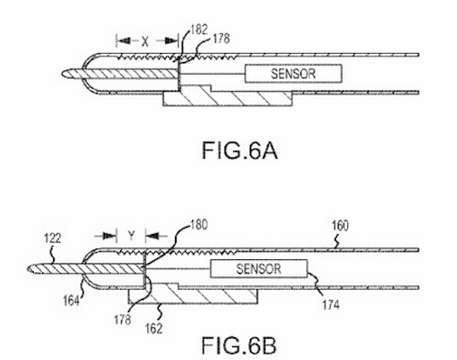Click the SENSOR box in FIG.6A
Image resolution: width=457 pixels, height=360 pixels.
[293, 74]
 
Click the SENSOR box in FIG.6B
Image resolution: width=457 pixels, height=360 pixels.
[259, 269]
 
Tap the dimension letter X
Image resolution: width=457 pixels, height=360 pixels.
[144, 42]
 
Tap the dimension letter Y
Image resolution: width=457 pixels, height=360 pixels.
[131, 236]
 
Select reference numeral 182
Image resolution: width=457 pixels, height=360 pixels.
[199, 30]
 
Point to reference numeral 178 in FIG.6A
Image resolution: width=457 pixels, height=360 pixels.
[221, 38]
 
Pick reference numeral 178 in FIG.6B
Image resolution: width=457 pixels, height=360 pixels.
[123, 320]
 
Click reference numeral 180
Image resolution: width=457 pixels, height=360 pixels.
[199, 225]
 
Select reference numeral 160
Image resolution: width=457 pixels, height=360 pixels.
[340, 226]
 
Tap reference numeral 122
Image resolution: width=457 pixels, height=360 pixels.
[52, 238]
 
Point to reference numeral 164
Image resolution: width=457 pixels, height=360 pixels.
[71, 301]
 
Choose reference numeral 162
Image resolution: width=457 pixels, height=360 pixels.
[153, 329]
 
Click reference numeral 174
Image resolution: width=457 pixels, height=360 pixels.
[331, 305]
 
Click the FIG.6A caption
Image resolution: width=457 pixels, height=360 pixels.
[239, 150]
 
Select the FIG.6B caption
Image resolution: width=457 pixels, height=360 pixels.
[239, 345]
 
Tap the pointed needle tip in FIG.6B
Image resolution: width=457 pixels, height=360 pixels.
[28, 269]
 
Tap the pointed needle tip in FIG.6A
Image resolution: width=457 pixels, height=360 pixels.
[62, 74]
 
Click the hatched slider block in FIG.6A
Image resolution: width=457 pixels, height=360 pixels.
[227, 97]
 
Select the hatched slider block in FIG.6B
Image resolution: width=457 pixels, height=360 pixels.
[192, 293]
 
